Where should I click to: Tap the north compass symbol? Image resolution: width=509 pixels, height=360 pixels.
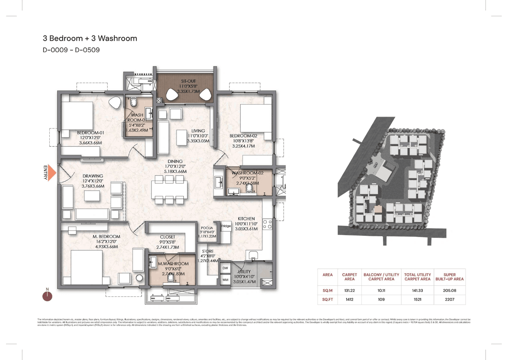[47, 296]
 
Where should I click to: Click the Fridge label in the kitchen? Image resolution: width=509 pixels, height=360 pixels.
[226, 226]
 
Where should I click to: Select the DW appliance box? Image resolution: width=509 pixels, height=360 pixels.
[225, 268]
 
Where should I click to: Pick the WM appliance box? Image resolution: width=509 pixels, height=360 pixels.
[225, 280]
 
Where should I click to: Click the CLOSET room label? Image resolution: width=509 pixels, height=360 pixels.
[167, 237]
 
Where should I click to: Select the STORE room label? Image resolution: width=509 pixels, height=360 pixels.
[208, 251]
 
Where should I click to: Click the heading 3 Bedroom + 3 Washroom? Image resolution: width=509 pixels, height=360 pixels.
[90, 39]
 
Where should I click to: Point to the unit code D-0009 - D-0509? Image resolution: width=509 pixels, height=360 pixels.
[71, 50]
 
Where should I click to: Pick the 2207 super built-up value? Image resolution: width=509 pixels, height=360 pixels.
[449, 299]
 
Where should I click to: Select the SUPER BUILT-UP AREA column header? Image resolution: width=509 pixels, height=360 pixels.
[449, 276]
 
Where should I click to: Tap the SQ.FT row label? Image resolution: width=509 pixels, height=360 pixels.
[327, 299]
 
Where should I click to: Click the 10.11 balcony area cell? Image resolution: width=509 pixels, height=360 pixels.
[381, 290]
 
